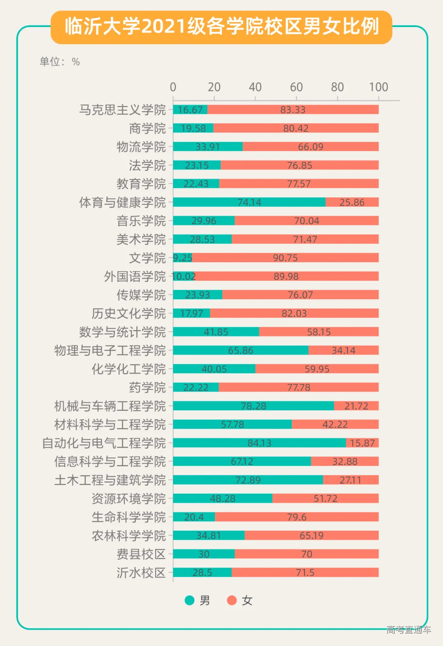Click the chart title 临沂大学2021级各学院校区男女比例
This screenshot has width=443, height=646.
point(221,27)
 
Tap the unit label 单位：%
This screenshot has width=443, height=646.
point(59,62)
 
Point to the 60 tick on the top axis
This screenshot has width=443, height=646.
point(296,87)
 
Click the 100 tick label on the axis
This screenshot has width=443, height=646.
point(378,87)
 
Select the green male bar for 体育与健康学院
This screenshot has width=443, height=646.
point(249,202)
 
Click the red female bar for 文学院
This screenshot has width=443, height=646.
point(285,258)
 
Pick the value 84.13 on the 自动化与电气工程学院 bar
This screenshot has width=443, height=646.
point(259,443)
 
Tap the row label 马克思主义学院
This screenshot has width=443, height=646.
point(122,110)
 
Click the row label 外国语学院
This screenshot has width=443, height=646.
point(135,277)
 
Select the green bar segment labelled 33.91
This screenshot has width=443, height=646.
point(208,147)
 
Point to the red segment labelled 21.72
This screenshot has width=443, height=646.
point(356,406)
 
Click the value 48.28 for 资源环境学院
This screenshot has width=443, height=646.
point(222,499)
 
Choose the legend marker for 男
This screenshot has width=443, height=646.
point(190,600)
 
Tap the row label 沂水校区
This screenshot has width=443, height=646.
point(141,573)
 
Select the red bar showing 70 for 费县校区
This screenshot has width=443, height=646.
point(306,554)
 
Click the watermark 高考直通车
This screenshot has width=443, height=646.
point(409,629)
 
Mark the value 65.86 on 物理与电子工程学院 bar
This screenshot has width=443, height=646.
point(240,350)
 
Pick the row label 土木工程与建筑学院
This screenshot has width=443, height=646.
point(110,480)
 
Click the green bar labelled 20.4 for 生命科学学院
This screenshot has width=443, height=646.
point(194,517)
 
